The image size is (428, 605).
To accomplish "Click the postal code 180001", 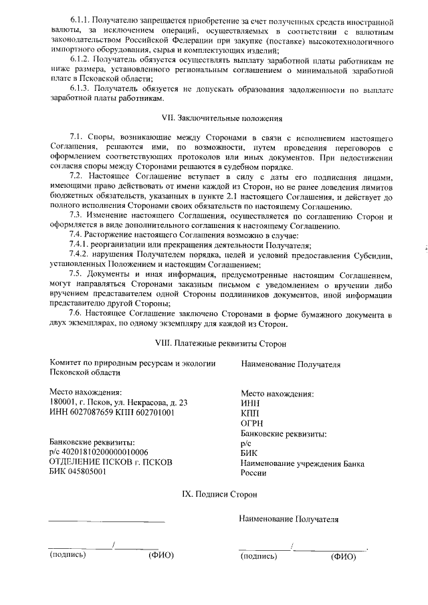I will click(x=64, y=402).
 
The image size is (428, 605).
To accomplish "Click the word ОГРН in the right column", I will click(x=251, y=423).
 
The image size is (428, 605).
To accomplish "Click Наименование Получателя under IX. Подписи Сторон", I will click(x=289, y=519).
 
